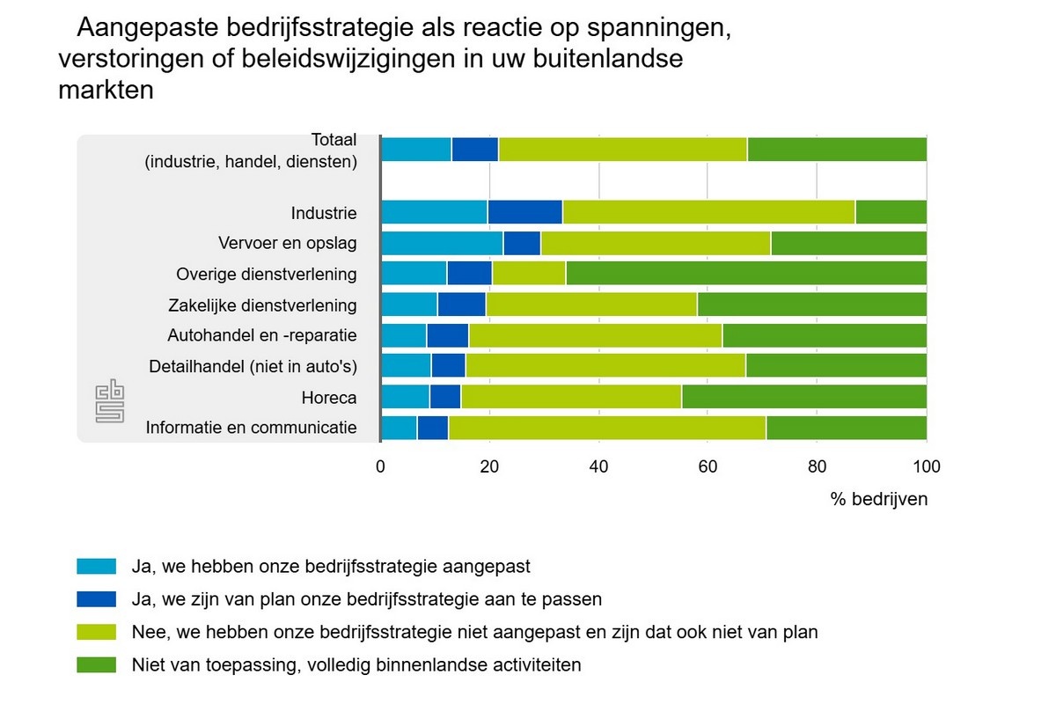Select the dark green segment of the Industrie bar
[891, 212]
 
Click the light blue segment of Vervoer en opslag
[442, 243]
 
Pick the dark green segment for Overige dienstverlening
[746, 274]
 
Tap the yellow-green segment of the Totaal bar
[623, 150]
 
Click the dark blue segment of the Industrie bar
[524, 212]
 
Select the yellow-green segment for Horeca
[571, 397]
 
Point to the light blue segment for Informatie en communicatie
[399, 428]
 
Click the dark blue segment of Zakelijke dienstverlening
[461, 304]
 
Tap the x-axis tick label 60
[708, 467]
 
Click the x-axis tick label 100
[927, 467]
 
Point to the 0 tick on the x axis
[381, 467]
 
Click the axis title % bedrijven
[878, 499]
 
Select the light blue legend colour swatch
[97, 566]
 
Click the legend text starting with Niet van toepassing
[356, 664]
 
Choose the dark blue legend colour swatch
[97, 599]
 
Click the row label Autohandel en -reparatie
[262, 335]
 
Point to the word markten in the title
[106, 91]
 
